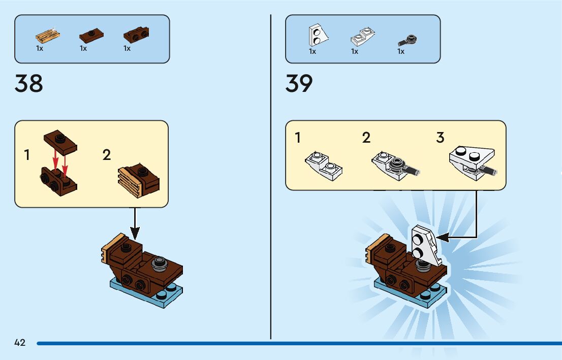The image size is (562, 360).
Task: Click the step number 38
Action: click(x=29, y=83)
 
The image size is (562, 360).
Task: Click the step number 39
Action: click(x=299, y=83)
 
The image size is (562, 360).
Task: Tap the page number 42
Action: click(x=20, y=343)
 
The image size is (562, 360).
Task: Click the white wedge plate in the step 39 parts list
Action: click(x=317, y=35)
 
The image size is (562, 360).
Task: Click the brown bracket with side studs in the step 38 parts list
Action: click(x=136, y=35)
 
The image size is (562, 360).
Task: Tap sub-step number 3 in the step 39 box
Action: click(x=440, y=138)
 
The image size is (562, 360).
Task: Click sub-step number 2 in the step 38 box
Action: click(x=106, y=155)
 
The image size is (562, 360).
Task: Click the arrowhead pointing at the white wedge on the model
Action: click(x=440, y=237)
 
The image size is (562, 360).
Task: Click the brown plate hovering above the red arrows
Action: click(x=60, y=141)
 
